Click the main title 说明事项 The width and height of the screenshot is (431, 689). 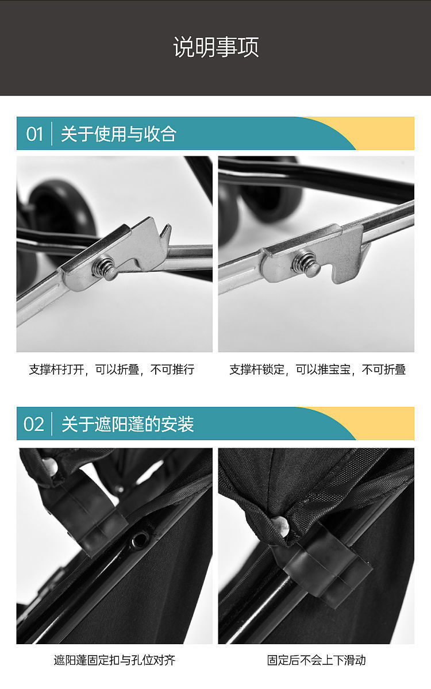click(x=215, y=47)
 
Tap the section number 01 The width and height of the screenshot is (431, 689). click(x=34, y=134)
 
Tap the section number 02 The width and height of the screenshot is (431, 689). click(x=34, y=425)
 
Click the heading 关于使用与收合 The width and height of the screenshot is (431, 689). click(x=118, y=134)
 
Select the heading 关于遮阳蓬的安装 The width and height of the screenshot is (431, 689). click(x=128, y=425)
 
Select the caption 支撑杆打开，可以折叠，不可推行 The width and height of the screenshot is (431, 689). click(x=111, y=369)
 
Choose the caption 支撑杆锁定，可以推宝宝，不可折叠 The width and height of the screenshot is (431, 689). click(x=317, y=369)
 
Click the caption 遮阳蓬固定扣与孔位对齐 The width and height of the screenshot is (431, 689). click(x=114, y=660)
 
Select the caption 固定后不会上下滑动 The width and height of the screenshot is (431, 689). click(x=316, y=660)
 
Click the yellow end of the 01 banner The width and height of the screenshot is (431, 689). click(x=387, y=133)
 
